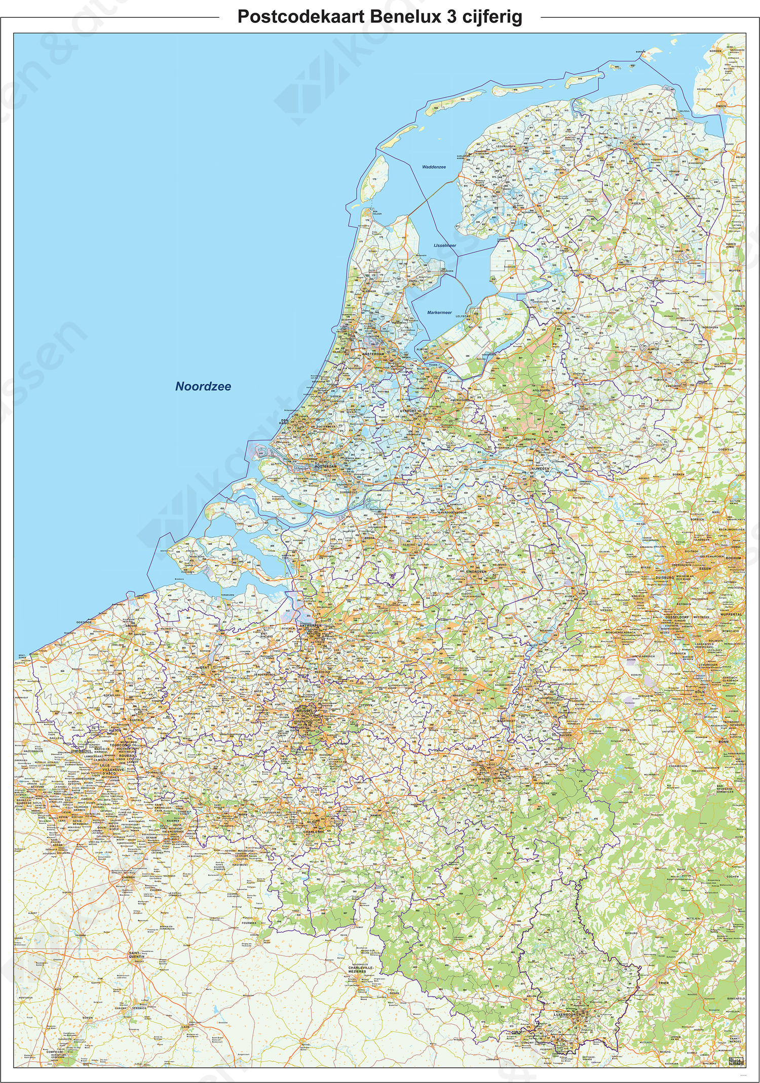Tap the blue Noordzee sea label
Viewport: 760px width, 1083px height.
pos(203,387)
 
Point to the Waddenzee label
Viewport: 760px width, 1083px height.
pos(433,167)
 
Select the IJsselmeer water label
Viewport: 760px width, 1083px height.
pos(445,245)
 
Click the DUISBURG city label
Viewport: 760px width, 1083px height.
pos(663,577)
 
